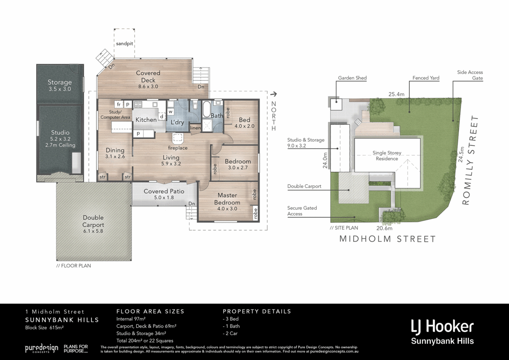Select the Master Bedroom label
(227, 199)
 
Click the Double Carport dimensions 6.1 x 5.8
(93, 231)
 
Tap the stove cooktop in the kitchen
(138, 104)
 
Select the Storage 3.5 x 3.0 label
(59, 85)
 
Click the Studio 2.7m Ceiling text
(60, 145)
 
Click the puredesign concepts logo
(42, 349)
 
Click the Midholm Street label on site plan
(387, 239)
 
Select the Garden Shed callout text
(352, 78)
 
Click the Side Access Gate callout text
(470, 75)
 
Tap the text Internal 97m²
(131, 319)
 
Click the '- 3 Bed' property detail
(231, 319)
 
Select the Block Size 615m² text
(44, 327)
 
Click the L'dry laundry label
(177, 122)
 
